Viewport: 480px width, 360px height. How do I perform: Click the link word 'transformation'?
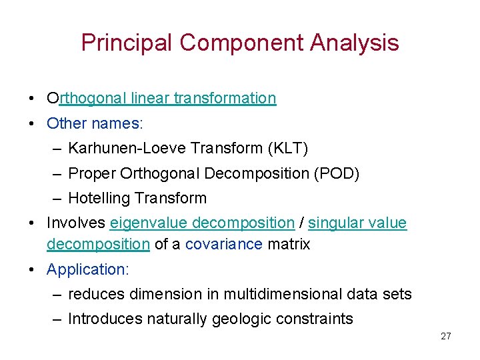225,99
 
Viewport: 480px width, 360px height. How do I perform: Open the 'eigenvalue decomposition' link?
202,223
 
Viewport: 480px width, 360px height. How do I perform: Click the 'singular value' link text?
357,223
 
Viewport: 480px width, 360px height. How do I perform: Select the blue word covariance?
224,245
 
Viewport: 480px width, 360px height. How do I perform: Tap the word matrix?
289,245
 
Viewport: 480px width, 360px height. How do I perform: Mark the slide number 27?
445,336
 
